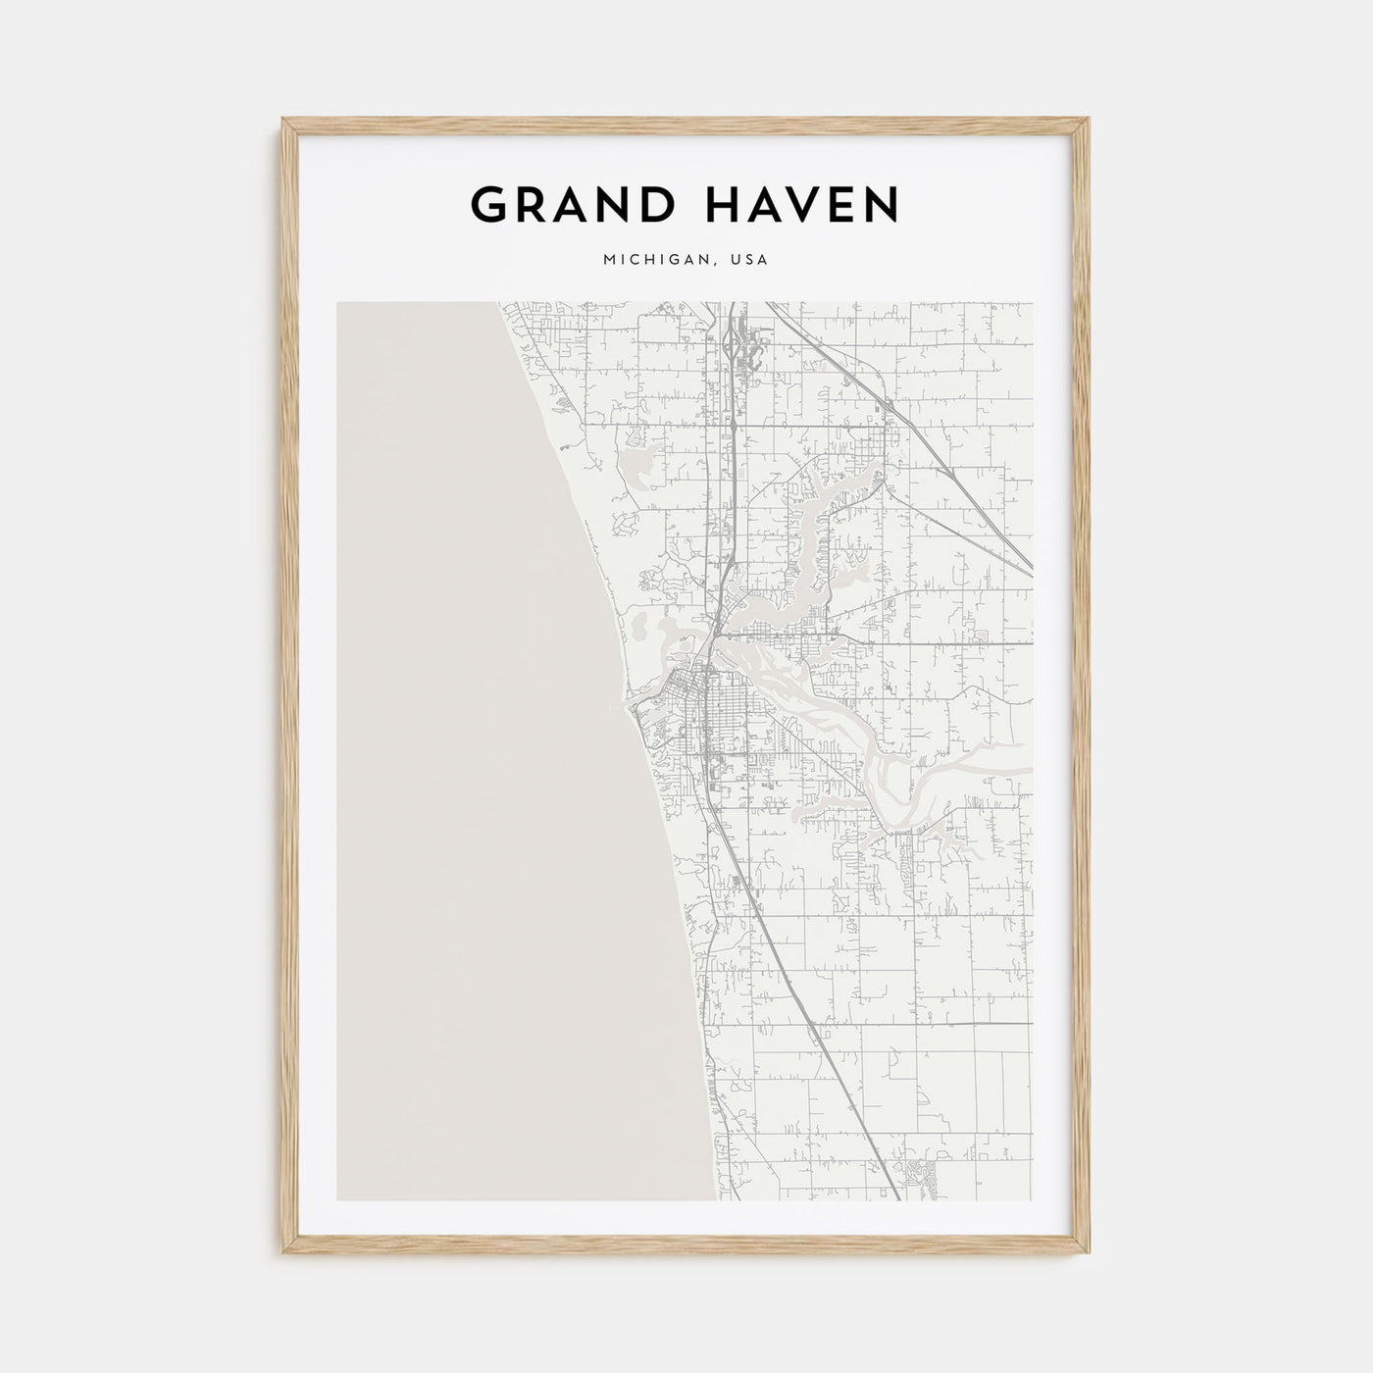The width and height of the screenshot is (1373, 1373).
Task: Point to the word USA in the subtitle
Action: pos(750,261)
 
